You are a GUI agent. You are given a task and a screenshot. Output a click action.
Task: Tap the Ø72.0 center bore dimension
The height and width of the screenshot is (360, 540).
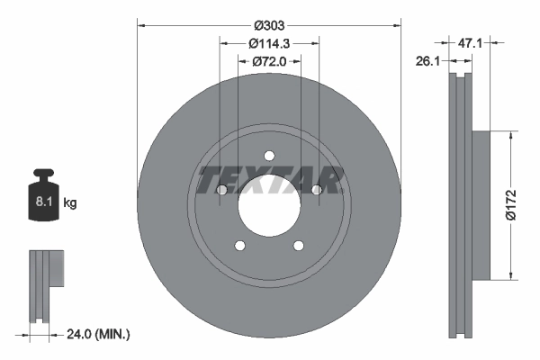pos(269,61)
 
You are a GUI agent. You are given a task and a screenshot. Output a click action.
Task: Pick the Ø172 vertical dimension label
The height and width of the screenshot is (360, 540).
pos(526,204)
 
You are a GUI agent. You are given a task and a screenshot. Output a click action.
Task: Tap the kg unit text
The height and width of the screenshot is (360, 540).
pos(70,203)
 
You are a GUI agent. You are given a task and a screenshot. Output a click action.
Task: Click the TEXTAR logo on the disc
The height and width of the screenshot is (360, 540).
pos(269,181)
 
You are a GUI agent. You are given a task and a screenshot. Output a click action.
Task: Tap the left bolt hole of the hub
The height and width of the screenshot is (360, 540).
pos(222,189)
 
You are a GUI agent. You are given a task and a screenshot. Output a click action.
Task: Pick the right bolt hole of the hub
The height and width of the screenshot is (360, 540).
pos(316,189)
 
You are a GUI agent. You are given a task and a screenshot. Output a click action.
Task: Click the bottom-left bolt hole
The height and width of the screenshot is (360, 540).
pos(239,245)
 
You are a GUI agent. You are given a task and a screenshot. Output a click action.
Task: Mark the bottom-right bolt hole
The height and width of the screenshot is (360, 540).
pos(298,245)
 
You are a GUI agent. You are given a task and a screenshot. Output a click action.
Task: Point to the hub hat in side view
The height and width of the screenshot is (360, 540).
pos(480,204)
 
